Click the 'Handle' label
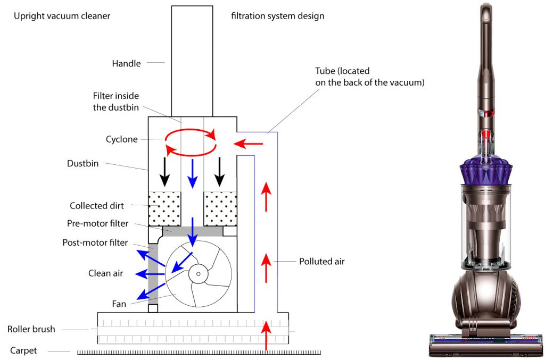click(126, 63)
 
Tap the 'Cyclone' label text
click(121, 139)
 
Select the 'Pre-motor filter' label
click(98, 223)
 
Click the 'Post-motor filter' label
click(95, 242)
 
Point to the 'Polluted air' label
click(321, 261)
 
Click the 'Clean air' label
click(105, 273)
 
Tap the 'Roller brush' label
click(31, 329)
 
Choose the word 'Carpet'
click(24, 350)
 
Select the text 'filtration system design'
click(277, 16)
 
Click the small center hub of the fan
click(198, 274)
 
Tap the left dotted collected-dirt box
click(164, 208)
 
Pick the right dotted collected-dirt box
click(220, 208)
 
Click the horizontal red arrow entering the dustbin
click(249, 143)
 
